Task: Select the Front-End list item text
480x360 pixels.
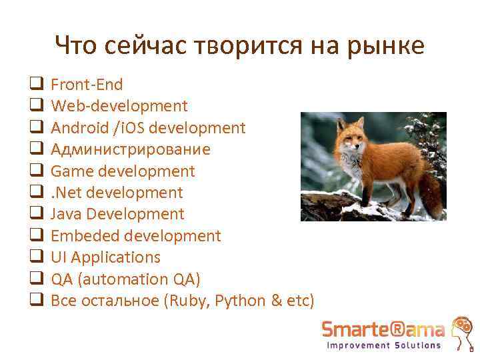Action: pos(87,85)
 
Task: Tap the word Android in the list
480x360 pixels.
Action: pos(73,128)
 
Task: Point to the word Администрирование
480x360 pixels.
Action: pos(130,149)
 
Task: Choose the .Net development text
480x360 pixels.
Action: pos(117,193)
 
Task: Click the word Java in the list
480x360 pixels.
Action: pos(67,214)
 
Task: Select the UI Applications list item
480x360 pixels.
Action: pos(105,257)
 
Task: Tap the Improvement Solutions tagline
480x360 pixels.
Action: pos(383,345)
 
